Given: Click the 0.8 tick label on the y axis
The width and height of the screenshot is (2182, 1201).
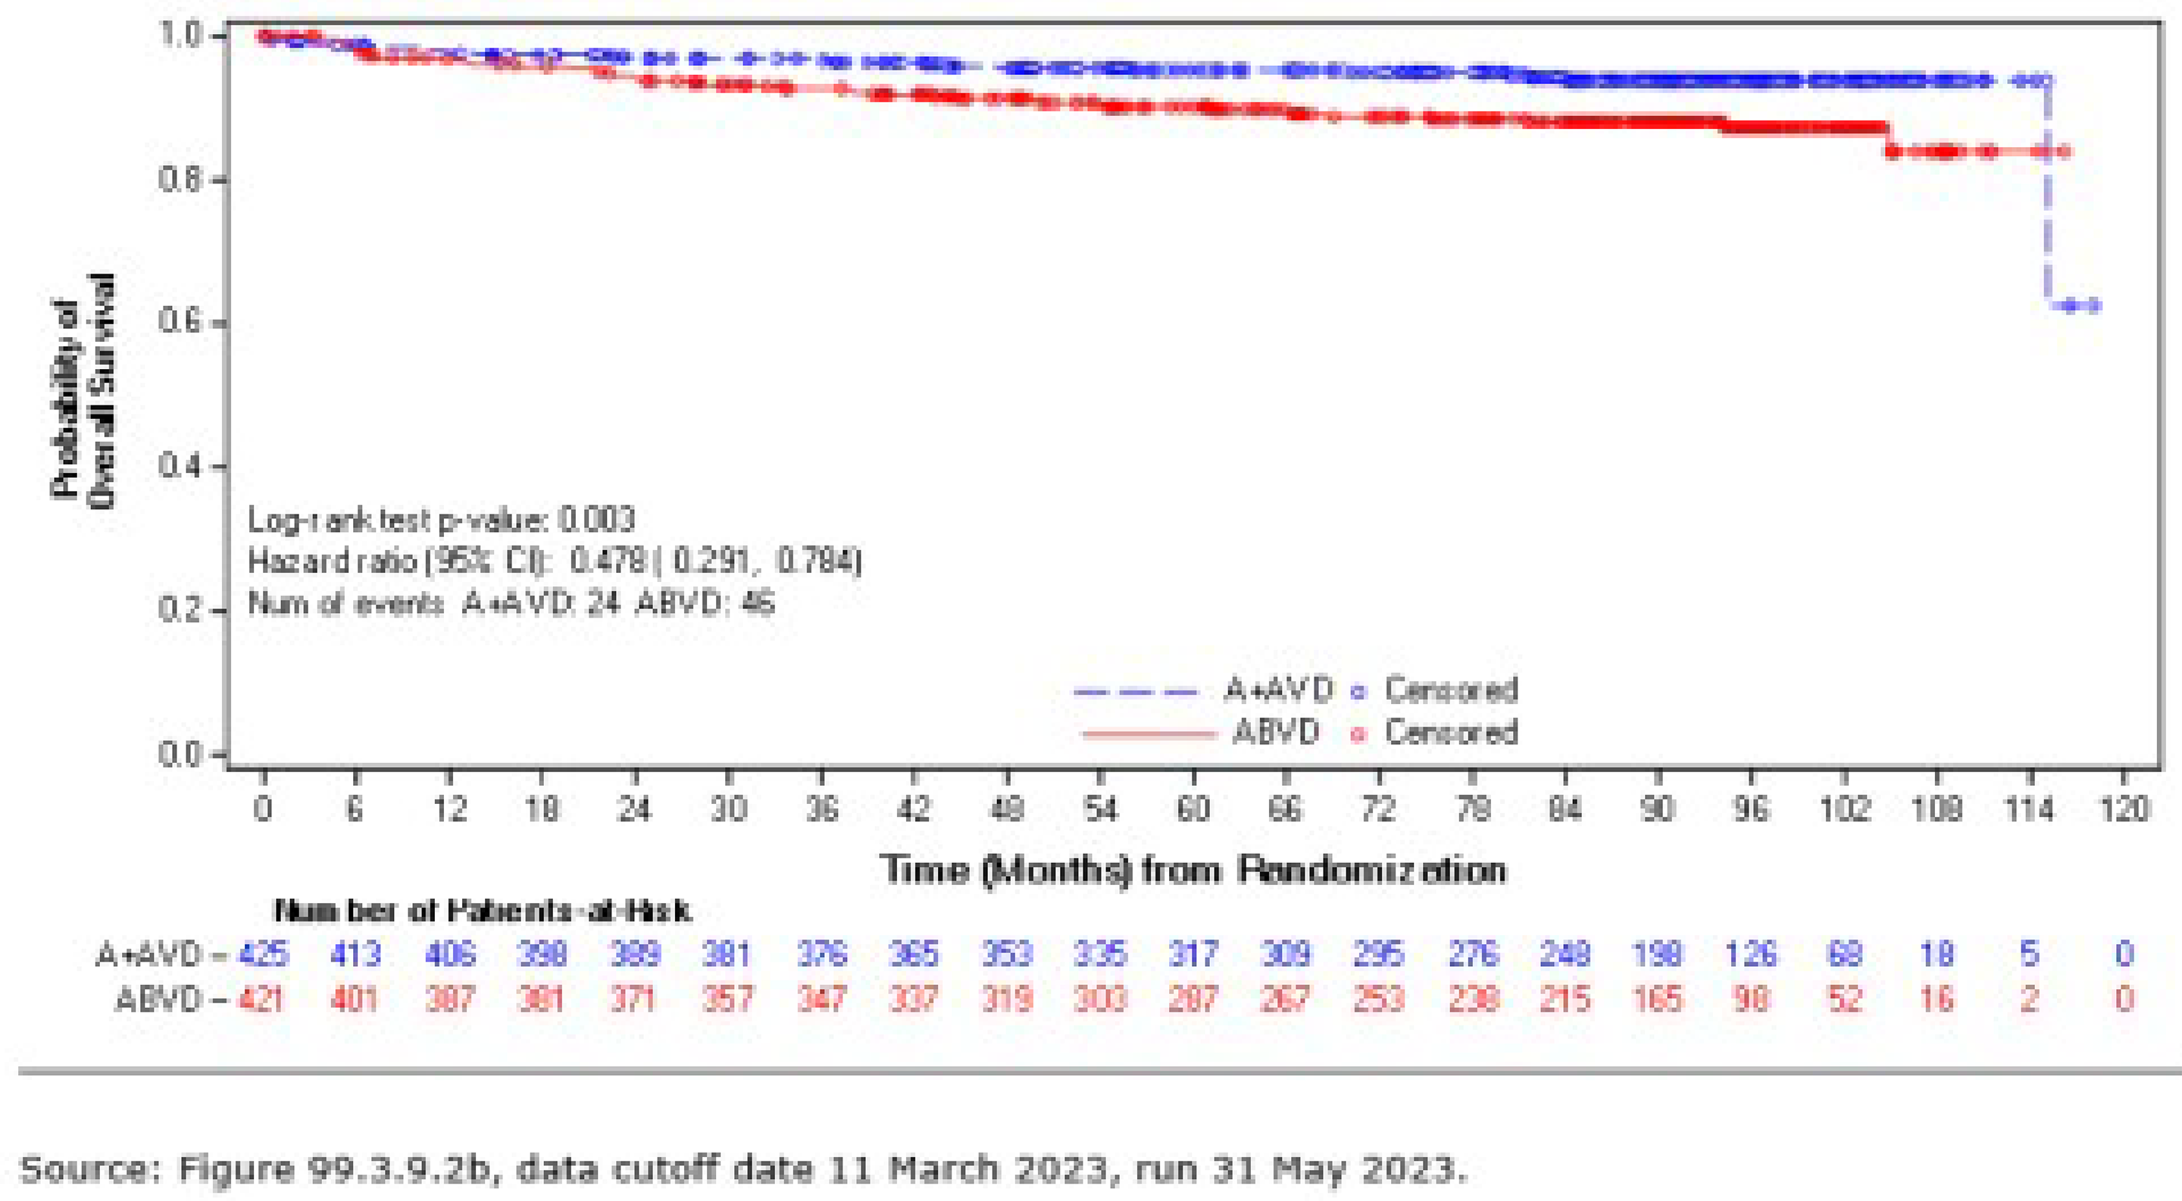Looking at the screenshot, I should coord(180,180).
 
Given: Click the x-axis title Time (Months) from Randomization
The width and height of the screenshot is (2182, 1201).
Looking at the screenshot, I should coord(1193,871).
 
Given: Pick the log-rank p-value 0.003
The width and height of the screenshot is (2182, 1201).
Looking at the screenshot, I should coord(596,519).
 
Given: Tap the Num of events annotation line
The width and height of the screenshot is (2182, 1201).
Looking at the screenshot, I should coord(511,604).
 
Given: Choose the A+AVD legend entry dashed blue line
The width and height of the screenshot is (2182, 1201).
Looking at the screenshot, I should coord(1135,692).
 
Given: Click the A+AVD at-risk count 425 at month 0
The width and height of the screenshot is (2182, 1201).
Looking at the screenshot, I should coord(264,955).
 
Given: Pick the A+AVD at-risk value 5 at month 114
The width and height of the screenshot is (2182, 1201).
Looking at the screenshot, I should coord(2030,955).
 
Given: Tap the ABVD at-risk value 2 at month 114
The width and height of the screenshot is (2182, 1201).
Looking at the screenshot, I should coord(2030,999).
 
